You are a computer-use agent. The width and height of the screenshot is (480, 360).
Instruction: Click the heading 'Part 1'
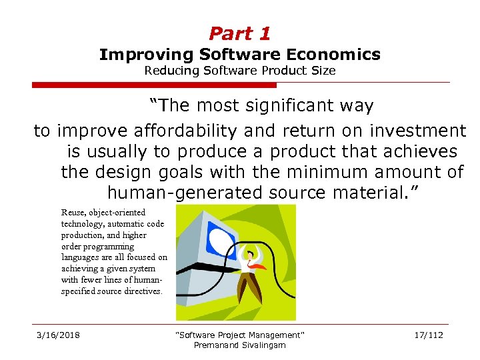pos(239,33)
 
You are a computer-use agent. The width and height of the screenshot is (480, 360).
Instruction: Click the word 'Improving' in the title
pos(137,55)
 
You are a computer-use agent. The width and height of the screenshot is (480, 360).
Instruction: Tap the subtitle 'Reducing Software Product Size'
pos(239,71)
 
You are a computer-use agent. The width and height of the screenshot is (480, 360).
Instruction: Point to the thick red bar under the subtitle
pos(154,85)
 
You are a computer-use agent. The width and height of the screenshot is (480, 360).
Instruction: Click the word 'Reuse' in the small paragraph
pos(73,213)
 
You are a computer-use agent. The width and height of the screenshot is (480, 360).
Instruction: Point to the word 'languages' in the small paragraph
pos(79,257)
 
